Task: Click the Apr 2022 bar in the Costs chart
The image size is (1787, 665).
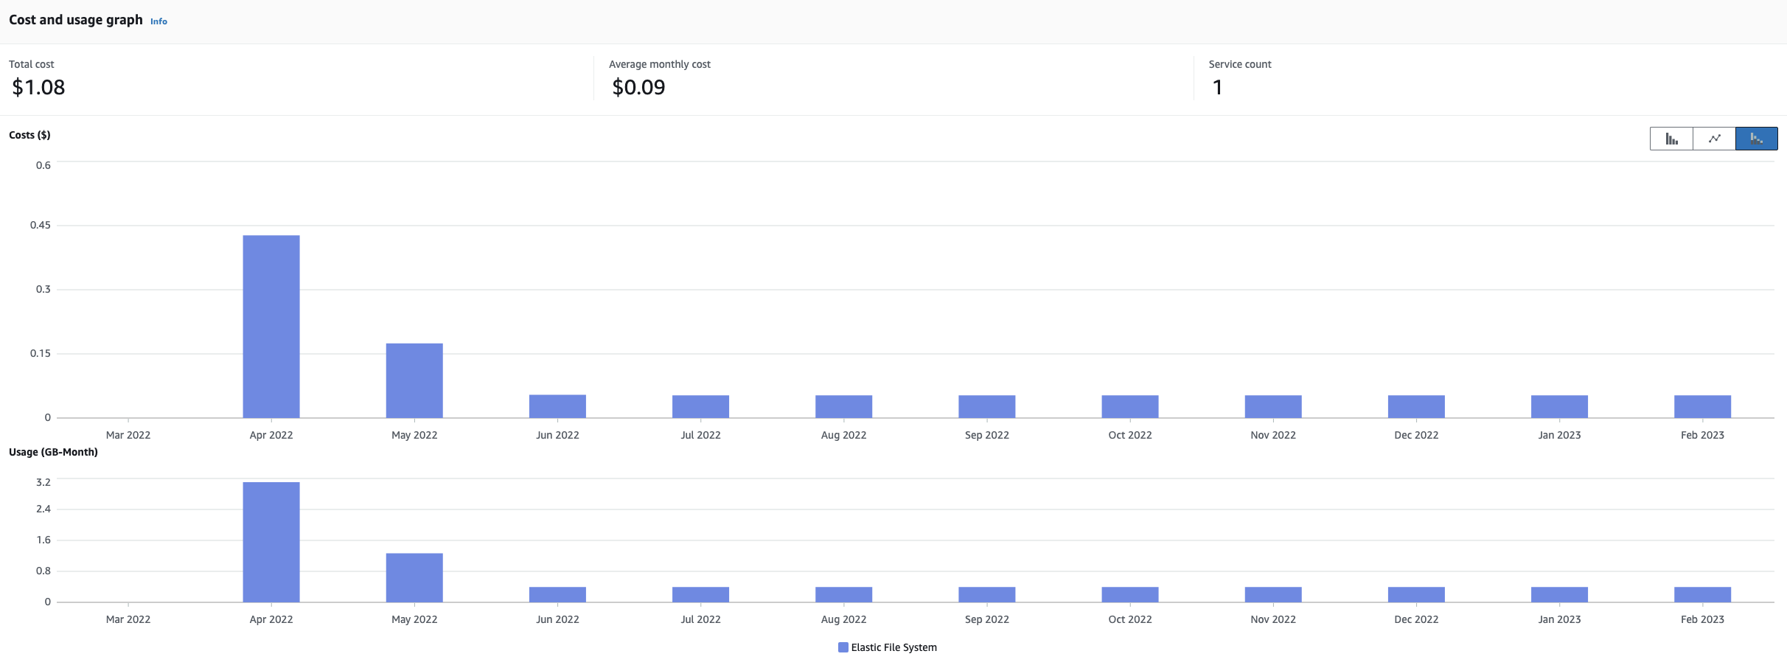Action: [271, 327]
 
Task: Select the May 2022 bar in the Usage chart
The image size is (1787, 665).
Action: [414, 577]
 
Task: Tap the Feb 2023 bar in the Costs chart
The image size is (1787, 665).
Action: [1702, 406]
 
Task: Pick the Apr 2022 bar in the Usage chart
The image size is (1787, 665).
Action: [271, 542]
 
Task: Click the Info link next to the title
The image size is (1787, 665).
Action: [159, 21]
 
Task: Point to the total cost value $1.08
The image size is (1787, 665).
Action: [38, 87]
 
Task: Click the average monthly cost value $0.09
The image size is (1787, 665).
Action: [638, 87]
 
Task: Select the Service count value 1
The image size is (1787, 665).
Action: [1217, 87]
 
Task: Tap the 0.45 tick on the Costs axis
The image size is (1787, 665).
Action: [41, 225]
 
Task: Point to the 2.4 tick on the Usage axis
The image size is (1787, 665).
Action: [43, 509]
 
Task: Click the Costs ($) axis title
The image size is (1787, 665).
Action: [29, 135]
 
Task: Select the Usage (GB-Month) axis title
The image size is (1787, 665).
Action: [53, 452]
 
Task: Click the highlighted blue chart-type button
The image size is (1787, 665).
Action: [1756, 139]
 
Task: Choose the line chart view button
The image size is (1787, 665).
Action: [1714, 139]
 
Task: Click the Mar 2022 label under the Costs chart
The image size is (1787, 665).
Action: [128, 435]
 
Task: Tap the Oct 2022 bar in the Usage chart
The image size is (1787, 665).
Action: [1129, 594]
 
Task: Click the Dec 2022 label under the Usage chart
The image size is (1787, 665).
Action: [1415, 619]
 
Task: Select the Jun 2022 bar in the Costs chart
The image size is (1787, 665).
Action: [557, 406]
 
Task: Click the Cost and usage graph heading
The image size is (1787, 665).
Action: [76, 20]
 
